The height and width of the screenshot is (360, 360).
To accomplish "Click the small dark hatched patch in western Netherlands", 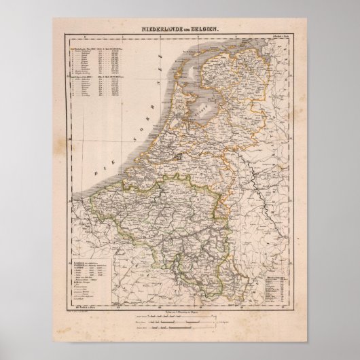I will pos(179,156).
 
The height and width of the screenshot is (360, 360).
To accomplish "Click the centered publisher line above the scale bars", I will pos(179,308).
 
